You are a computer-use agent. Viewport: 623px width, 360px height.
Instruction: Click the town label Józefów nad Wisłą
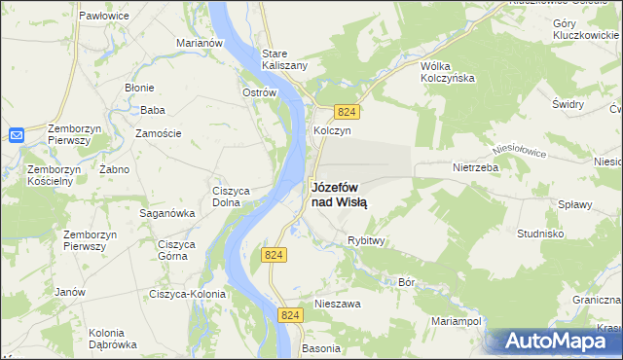339,195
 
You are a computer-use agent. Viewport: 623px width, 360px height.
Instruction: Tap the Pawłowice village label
106,17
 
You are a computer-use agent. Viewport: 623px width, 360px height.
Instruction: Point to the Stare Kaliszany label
285,58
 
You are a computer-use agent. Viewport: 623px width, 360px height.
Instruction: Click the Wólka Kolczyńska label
447,71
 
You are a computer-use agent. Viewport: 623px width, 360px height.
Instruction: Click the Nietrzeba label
475,166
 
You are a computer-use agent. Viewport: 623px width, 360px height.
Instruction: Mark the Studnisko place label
541,234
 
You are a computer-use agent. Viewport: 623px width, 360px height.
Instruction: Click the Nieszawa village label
338,304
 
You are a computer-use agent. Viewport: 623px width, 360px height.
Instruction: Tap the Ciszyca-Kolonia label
187,294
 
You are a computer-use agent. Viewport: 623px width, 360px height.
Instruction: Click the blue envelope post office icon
17,135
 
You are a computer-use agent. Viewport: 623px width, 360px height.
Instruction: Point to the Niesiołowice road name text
520,152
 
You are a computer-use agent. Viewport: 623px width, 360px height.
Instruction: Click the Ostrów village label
260,93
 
